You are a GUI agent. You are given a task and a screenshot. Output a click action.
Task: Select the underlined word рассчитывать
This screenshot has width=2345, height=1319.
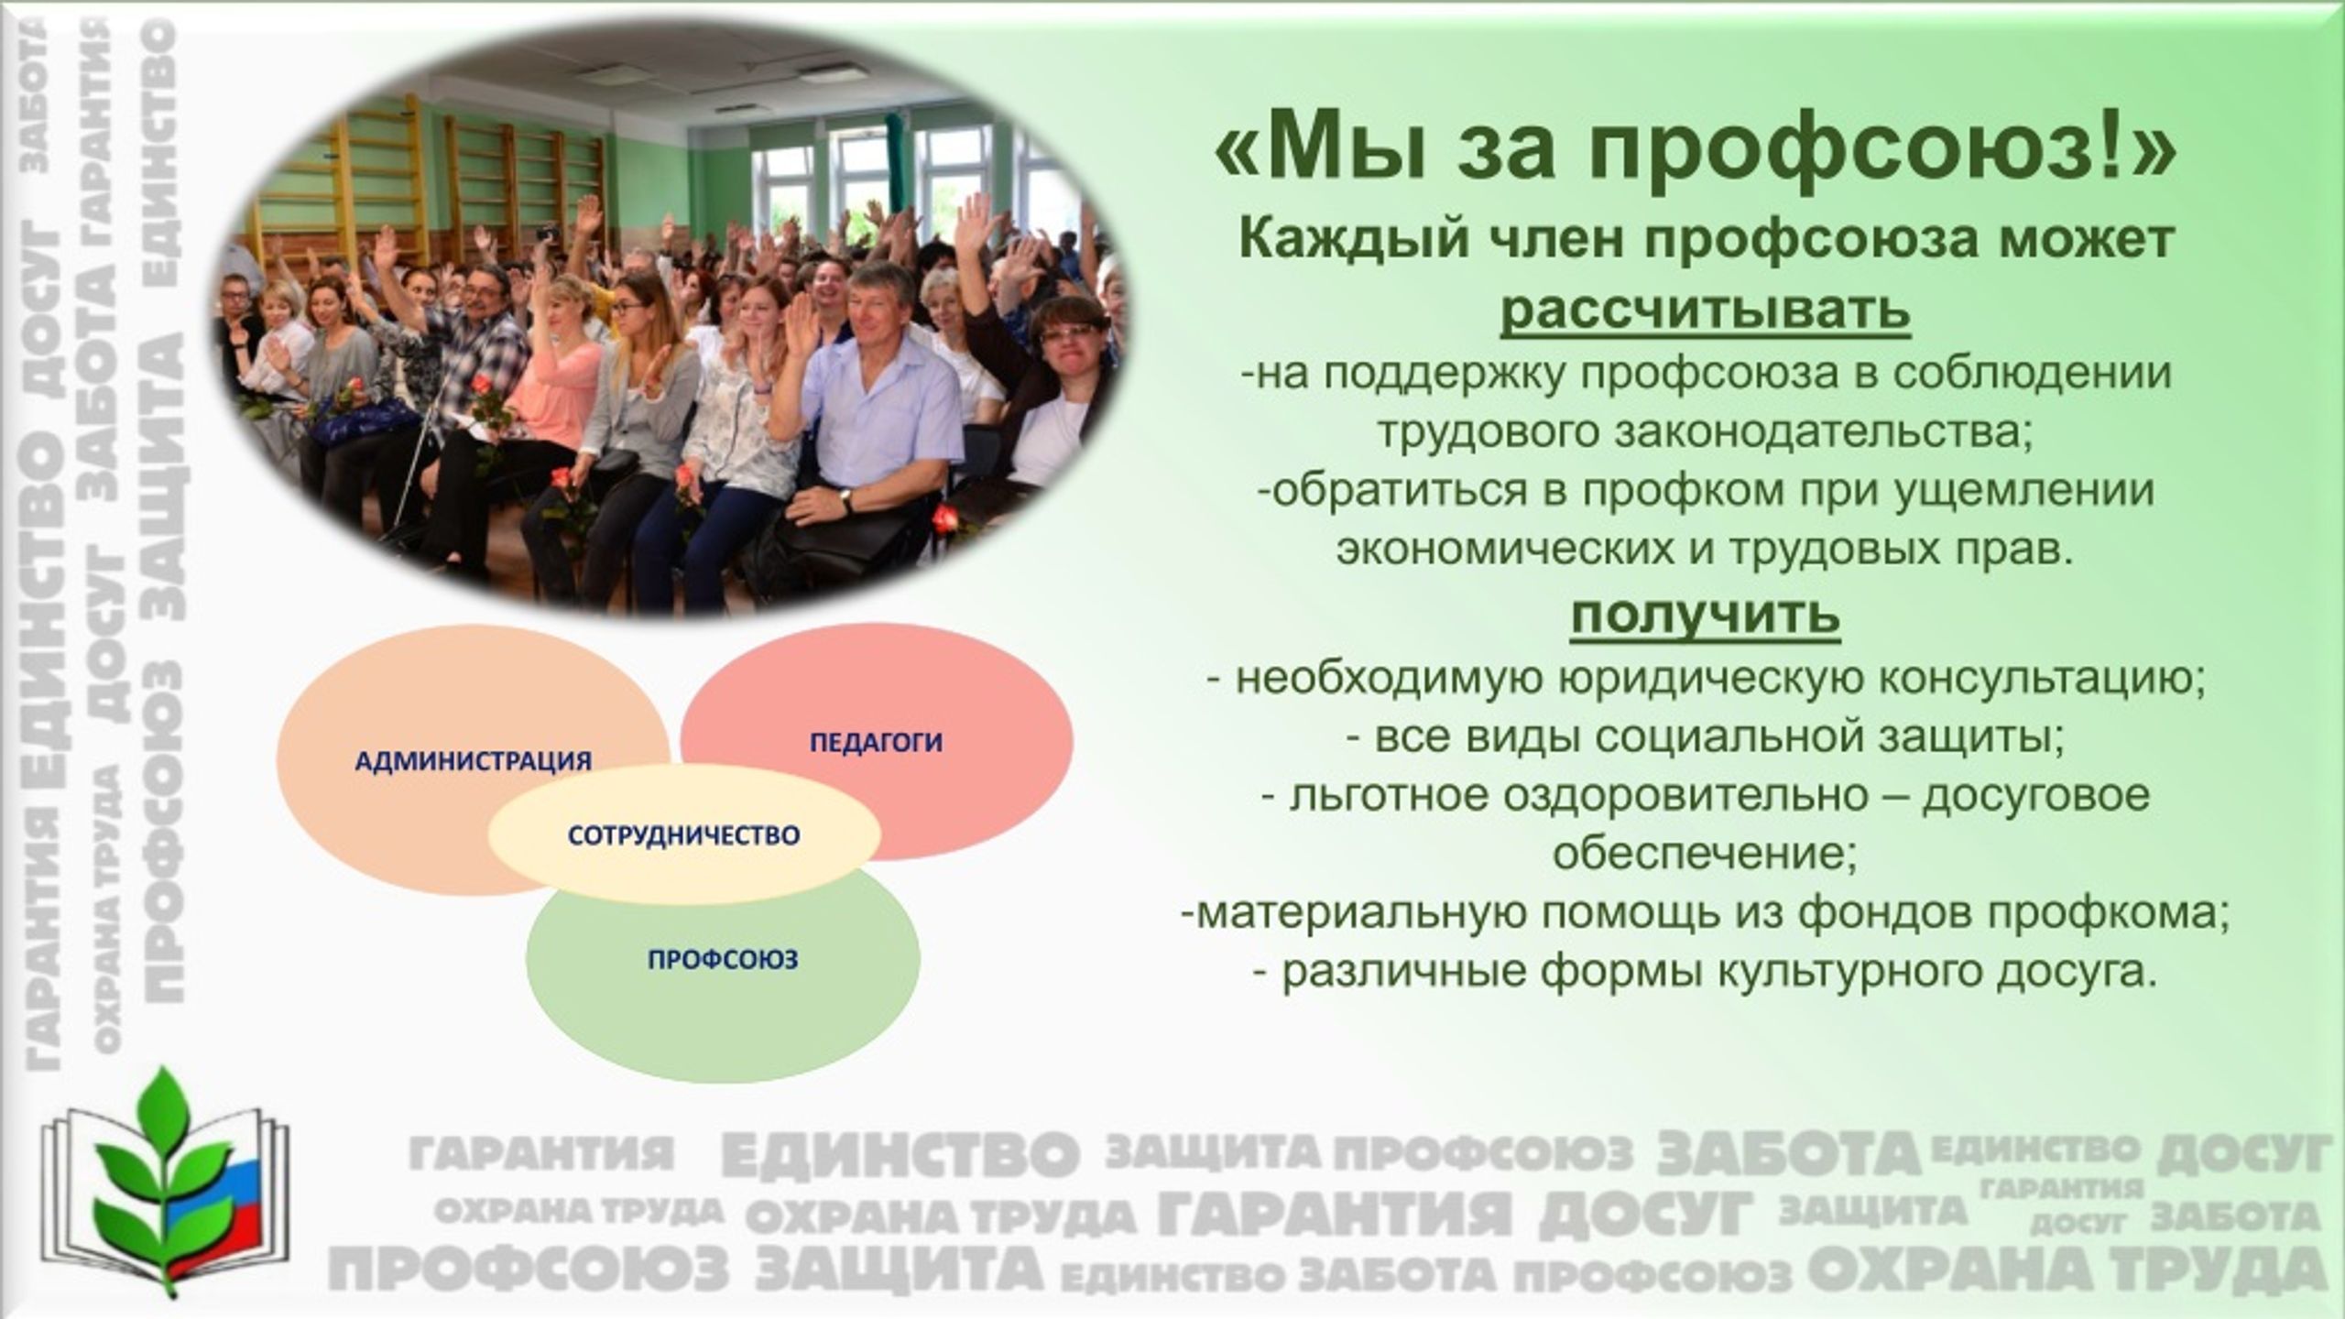(x=1706, y=311)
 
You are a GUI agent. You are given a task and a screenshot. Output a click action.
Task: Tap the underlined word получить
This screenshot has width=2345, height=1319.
(x=1706, y=616)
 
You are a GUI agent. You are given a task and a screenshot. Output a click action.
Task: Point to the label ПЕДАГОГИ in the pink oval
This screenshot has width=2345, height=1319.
(x=876, y=741)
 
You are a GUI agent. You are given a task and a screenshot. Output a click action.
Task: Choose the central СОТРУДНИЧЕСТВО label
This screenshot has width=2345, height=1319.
(x=683, y=834)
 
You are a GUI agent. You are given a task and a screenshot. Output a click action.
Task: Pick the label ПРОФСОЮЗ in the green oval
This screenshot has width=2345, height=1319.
(x=723, y=960)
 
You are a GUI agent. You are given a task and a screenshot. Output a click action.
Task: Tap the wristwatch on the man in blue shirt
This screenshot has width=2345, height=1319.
(x=846, y=500)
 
